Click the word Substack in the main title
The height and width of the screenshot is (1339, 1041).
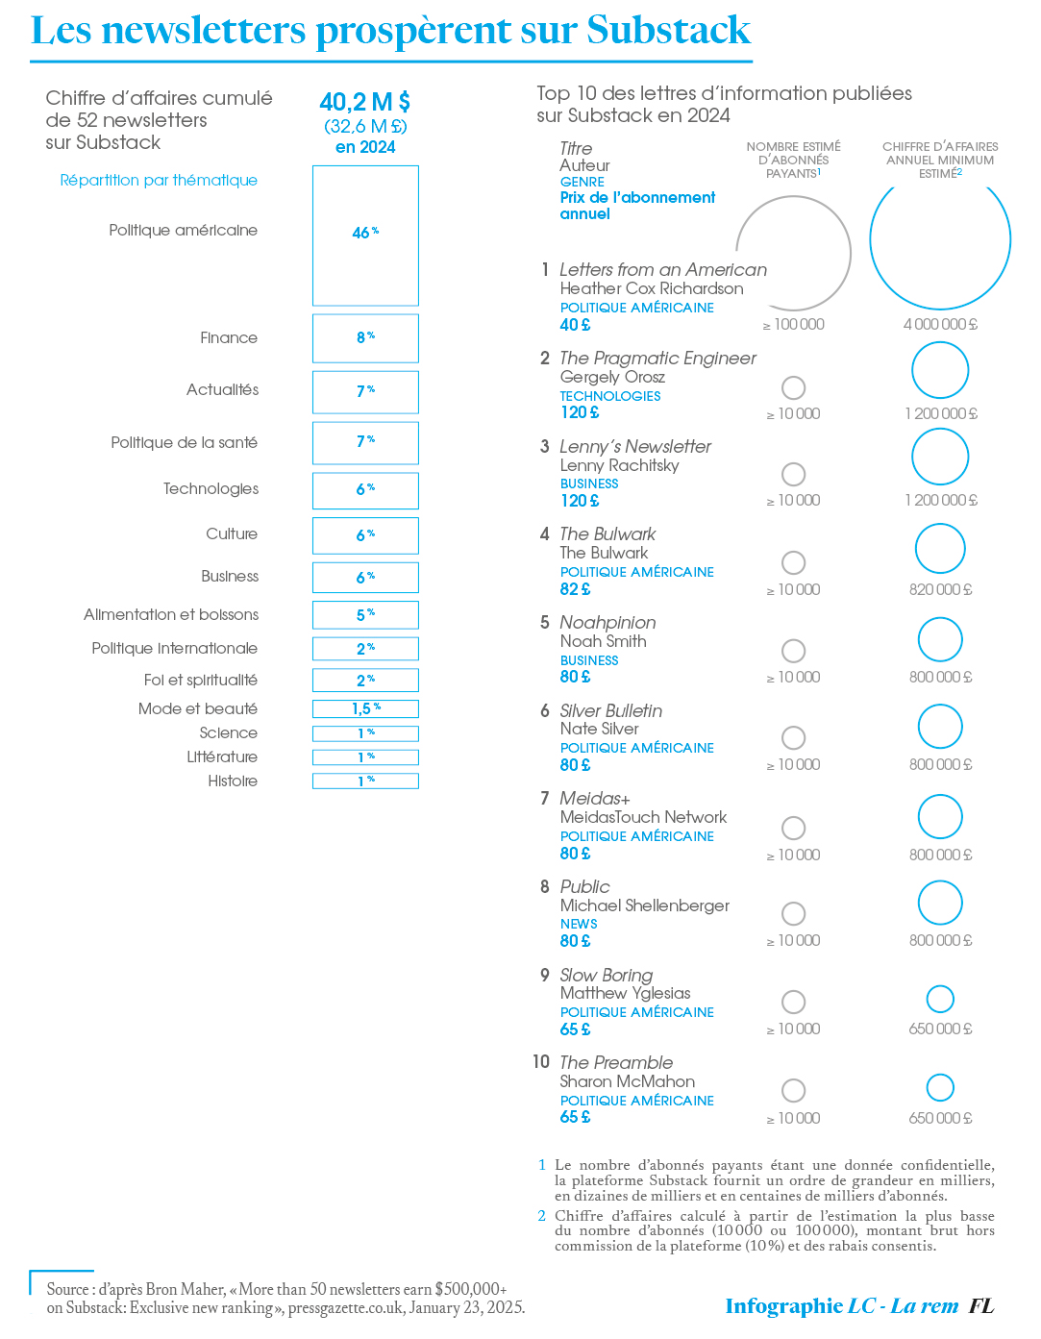(668, 31)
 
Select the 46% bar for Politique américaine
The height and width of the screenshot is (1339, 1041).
(365, 236)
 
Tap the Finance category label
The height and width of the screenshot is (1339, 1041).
(229, 338)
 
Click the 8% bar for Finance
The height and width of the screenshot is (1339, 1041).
(365, 338)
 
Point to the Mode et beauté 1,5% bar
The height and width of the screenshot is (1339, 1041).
(365, 709)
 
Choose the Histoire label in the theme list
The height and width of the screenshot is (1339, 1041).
(233, 781)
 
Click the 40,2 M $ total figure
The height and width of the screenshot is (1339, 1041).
(365, 102)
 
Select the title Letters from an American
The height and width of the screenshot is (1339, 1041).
(663, 270)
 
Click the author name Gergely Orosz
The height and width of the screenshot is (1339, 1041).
(612, 377)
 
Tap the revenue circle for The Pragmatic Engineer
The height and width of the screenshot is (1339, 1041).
(940, 370)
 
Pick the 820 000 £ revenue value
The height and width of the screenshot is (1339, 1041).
(940, 589)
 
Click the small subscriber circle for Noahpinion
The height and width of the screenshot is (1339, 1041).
(793, 651)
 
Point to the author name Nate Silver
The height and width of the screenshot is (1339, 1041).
(599, 729)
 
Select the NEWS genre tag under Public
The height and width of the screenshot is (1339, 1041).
(579, 924)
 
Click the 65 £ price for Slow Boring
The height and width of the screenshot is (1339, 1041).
(575, 1029)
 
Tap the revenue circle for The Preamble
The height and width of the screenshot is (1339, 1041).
(940, 1087)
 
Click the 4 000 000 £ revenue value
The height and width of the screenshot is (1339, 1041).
(940, 325)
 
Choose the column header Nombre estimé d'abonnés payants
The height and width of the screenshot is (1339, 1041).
(793, 160)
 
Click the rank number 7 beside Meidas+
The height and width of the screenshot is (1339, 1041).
(544, 799)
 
